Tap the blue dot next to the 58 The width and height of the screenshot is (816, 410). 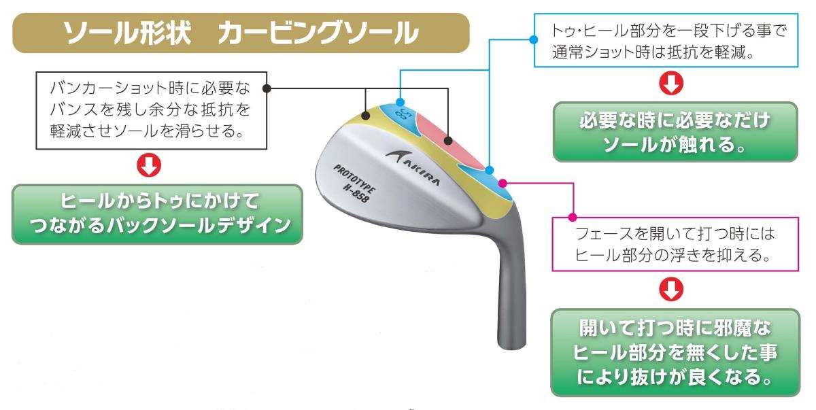[x=401, y=103]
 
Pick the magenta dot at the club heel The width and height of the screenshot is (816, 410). [x=503, y=182]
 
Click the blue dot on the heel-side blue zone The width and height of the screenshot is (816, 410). [x=490, y=168]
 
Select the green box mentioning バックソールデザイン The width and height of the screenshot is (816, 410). [x=157, y=214]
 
